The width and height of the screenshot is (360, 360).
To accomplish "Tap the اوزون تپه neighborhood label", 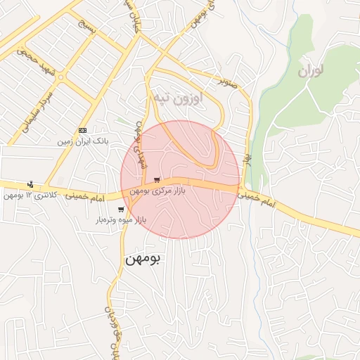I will [178, 98].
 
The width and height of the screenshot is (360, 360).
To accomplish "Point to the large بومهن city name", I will [143, 259].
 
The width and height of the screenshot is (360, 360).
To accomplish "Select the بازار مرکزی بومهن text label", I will [157, 191].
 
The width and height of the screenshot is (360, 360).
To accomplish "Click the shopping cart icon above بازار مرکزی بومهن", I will [156, 180].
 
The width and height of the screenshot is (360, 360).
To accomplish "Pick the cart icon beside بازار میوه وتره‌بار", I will [121, 210].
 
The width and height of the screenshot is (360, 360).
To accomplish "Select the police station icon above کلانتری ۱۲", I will [30, 184].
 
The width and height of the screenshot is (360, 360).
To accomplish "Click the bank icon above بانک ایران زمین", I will [83, 131].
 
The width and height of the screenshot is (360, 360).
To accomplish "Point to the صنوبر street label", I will [229, 83].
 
